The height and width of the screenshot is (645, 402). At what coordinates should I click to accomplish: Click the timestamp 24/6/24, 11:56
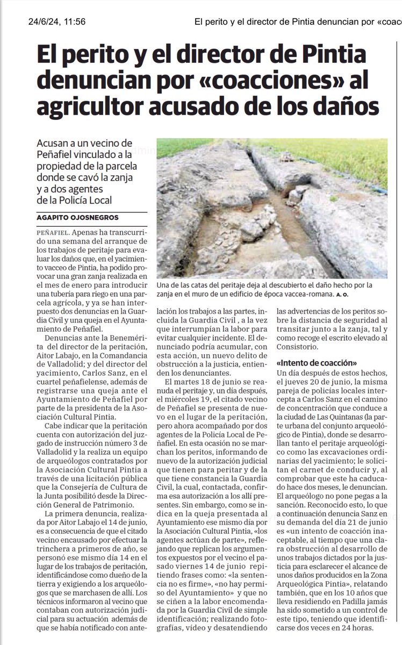click(56, 22)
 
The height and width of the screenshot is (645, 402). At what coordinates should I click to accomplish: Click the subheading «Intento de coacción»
click(309, 362)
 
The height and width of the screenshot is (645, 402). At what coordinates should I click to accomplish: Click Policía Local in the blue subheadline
click(89, 200)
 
